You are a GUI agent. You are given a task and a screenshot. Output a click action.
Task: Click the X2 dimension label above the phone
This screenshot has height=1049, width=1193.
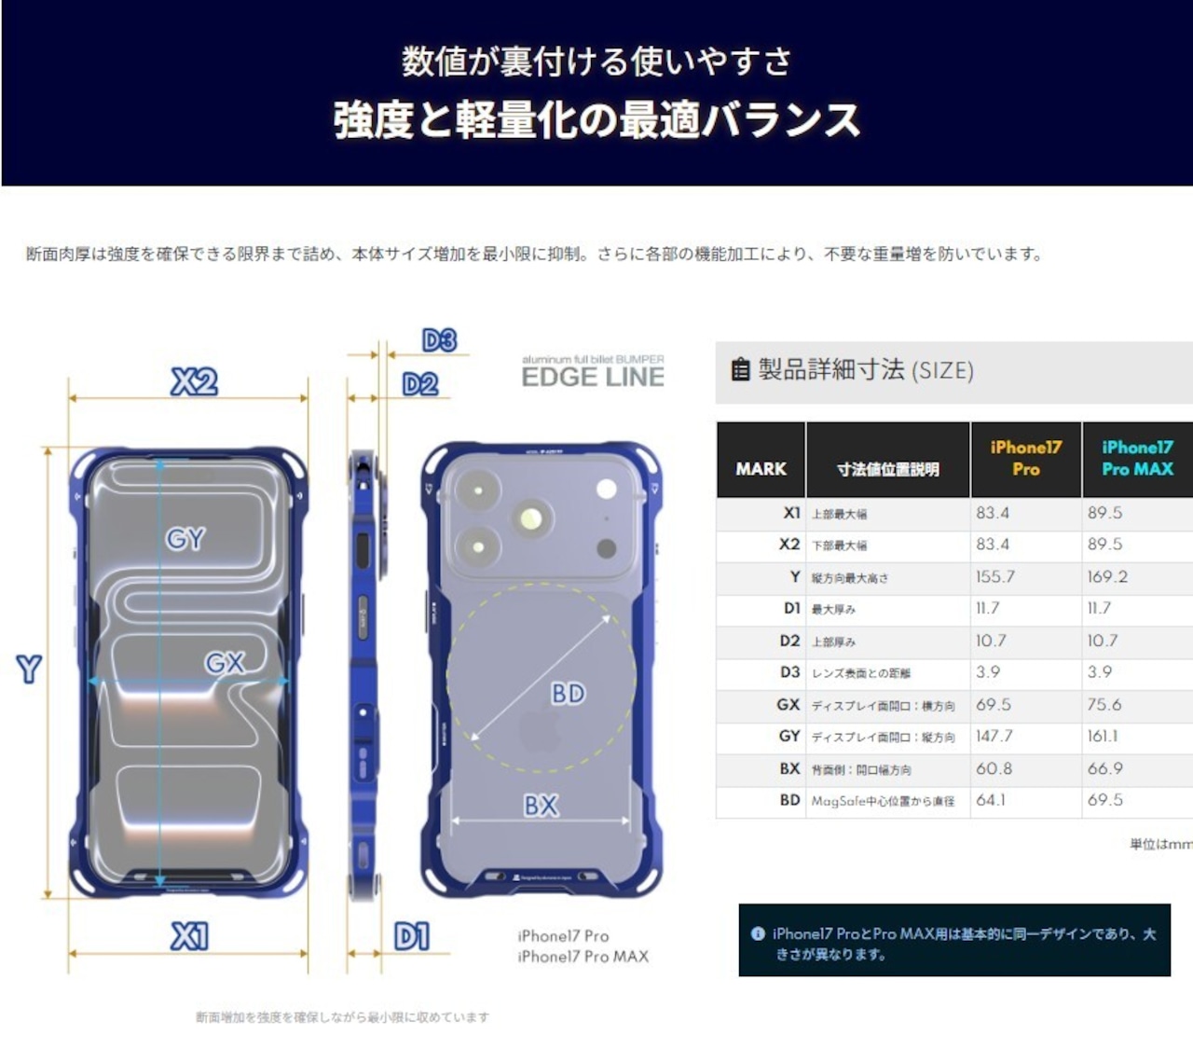[194, 381]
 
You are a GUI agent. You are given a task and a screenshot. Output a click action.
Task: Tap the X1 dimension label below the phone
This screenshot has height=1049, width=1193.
[189, 936]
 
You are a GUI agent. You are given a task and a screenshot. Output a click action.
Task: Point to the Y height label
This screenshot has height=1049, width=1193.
[29, 669]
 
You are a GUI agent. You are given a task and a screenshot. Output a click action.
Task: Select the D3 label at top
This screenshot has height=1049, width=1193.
[439, 340]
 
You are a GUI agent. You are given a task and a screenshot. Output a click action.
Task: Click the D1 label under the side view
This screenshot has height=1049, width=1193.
[412, 936]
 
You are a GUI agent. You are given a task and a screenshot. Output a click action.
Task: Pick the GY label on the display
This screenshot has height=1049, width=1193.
[185, 539]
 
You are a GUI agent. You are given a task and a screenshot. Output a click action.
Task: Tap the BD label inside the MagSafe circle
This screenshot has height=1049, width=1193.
[568, 693]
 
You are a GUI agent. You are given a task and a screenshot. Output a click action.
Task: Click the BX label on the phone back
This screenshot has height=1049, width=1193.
[541, 805]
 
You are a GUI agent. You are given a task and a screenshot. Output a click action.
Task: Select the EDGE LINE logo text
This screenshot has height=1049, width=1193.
[593, 377]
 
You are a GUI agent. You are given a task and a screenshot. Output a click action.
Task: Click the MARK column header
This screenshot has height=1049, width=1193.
[761, 469]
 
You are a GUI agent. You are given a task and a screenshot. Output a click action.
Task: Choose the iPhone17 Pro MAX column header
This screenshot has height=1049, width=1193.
[1137, 459]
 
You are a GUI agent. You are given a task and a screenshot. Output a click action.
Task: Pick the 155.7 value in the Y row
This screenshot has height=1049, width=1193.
[994, 576]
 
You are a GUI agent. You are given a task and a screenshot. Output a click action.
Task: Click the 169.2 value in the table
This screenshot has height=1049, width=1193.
[1106, 576]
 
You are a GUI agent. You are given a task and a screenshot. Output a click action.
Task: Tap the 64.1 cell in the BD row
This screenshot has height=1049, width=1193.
[991, 800]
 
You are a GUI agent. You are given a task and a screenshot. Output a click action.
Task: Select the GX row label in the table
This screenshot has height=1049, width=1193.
[788, 705]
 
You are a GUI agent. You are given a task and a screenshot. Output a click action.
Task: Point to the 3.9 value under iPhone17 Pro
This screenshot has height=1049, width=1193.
[988, 672]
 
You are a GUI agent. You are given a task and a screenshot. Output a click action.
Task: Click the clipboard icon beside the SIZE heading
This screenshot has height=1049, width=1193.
[740, 370]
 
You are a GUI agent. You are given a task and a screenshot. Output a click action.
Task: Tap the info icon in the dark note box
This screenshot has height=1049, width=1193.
[758, 933]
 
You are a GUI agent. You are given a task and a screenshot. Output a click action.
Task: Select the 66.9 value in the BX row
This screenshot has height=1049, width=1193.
[1104, 768]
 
